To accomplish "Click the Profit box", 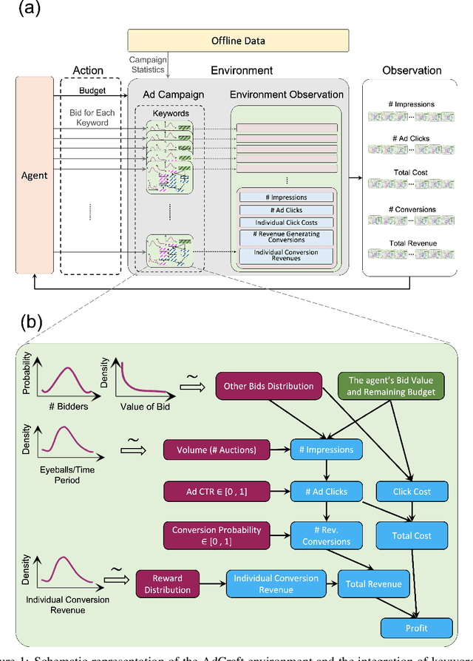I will coord(416,628).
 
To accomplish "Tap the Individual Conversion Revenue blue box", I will coord(276,584).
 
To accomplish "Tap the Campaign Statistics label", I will coord(148,64).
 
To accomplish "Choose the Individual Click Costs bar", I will coord(286,223).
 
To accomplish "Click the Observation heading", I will coord(412,71).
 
